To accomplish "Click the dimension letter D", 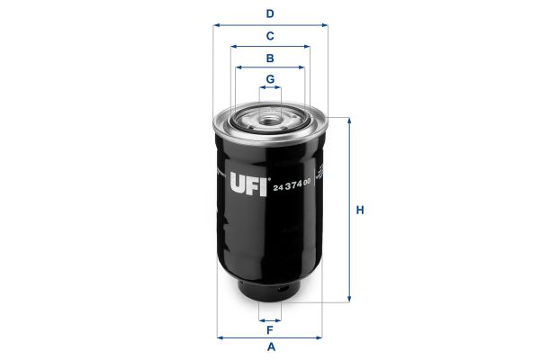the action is coord(270,13).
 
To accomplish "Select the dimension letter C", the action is coord(270,36).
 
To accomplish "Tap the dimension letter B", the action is coord(270,58).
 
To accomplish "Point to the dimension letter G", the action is coord(270,79).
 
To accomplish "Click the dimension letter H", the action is coord(360,210).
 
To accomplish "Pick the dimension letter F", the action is coord(270,330).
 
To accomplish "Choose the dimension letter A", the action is coord(272,346).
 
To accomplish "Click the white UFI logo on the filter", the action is coord(248,184).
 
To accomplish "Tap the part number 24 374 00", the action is coord(292,184).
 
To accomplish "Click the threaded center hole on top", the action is coord(270,121).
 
